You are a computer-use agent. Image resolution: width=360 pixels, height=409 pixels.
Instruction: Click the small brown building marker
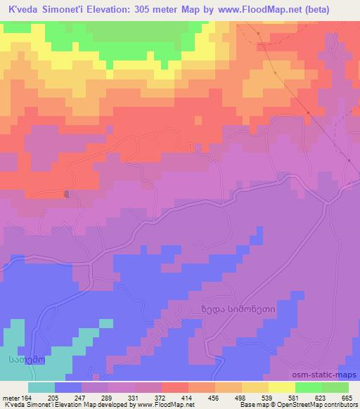pos(67,194)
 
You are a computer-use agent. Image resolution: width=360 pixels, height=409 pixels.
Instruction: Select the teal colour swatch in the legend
pos(41,387)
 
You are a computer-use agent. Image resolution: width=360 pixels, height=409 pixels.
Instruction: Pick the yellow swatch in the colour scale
pos(255,387)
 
